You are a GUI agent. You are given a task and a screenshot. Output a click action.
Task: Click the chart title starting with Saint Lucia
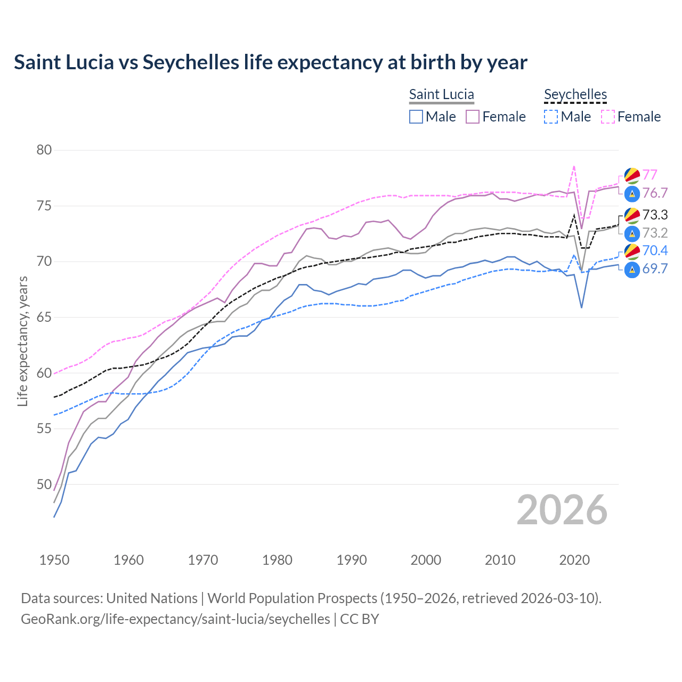click(x=270, y=62)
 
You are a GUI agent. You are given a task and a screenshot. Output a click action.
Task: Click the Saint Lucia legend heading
click(x=441, y=94)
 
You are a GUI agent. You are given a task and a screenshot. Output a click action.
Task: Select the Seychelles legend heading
click(x=575, y=94)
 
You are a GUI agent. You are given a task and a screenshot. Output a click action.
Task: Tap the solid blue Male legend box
click(x=416, y=117)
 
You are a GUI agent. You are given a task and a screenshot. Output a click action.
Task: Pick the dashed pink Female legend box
click(x=608, y=117)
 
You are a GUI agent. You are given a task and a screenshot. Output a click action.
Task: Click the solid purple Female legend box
click(x=473, y=117)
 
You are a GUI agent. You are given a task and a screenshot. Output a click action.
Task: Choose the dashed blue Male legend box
click(x=551, y=117)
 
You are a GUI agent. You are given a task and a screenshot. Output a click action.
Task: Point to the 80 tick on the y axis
click(x=44, y=150)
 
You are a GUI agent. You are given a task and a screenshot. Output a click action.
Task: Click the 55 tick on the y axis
click(x=44, y=429)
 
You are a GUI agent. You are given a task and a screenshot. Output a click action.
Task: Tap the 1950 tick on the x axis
click(x=54, y=560)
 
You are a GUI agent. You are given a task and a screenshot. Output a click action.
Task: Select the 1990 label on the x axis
click(x=352, y=560)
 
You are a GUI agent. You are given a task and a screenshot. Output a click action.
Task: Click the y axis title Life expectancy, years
click(x=22, y=341)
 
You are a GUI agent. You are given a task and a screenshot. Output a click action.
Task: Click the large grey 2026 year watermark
click(x=562, y=510)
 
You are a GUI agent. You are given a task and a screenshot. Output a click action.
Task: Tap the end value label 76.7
click(x=655, y=193)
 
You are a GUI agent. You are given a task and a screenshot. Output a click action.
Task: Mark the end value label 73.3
click(x=655, y=215)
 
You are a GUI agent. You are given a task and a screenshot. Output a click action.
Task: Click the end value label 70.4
click(x=655, y=251)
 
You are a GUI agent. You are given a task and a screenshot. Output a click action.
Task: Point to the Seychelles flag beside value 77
click(x=632, y=175)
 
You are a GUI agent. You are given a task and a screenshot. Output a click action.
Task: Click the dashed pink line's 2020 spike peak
click(x=574, y=166)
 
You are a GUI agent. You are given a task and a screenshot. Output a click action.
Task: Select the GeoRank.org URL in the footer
click(x=175, y=619)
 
